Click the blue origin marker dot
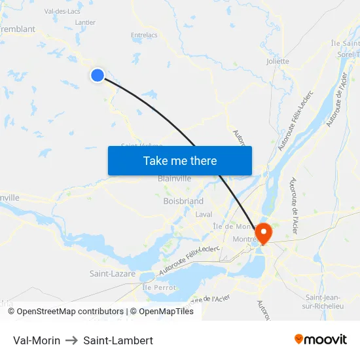[98, 75]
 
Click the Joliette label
[278, 62]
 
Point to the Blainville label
[174, 178]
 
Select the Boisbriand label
[183, 202]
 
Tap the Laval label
[204, 214]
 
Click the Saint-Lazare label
[113, 274]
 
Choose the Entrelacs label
[144, 35]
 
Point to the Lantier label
[85, 22]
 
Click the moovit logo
[321, 340]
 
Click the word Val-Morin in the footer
[37, 340]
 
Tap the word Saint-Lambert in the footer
[118, 340]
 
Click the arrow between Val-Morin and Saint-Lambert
[72, 340]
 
